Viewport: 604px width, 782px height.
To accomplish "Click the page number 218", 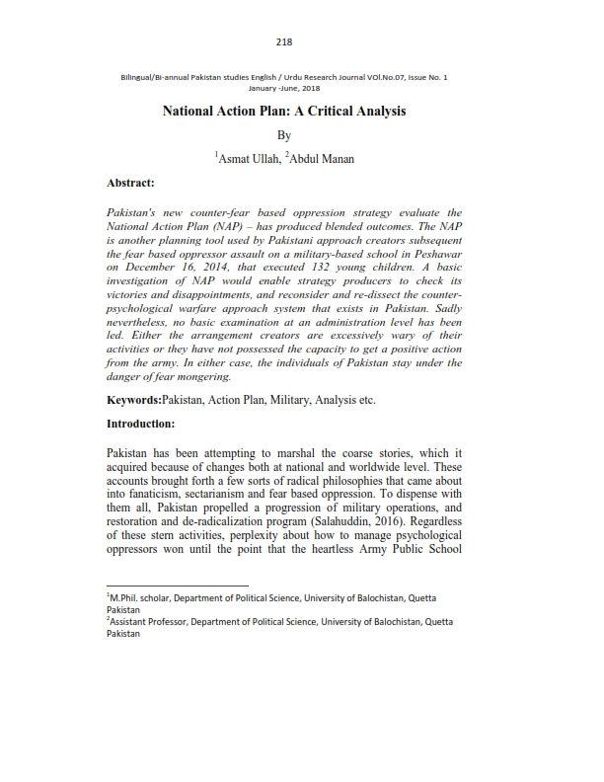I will point(285,40).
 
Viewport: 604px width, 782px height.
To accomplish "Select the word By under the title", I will point(284,134).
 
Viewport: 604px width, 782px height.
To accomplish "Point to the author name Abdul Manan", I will point(322,158).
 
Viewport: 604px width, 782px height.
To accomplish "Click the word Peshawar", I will point(433,253).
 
